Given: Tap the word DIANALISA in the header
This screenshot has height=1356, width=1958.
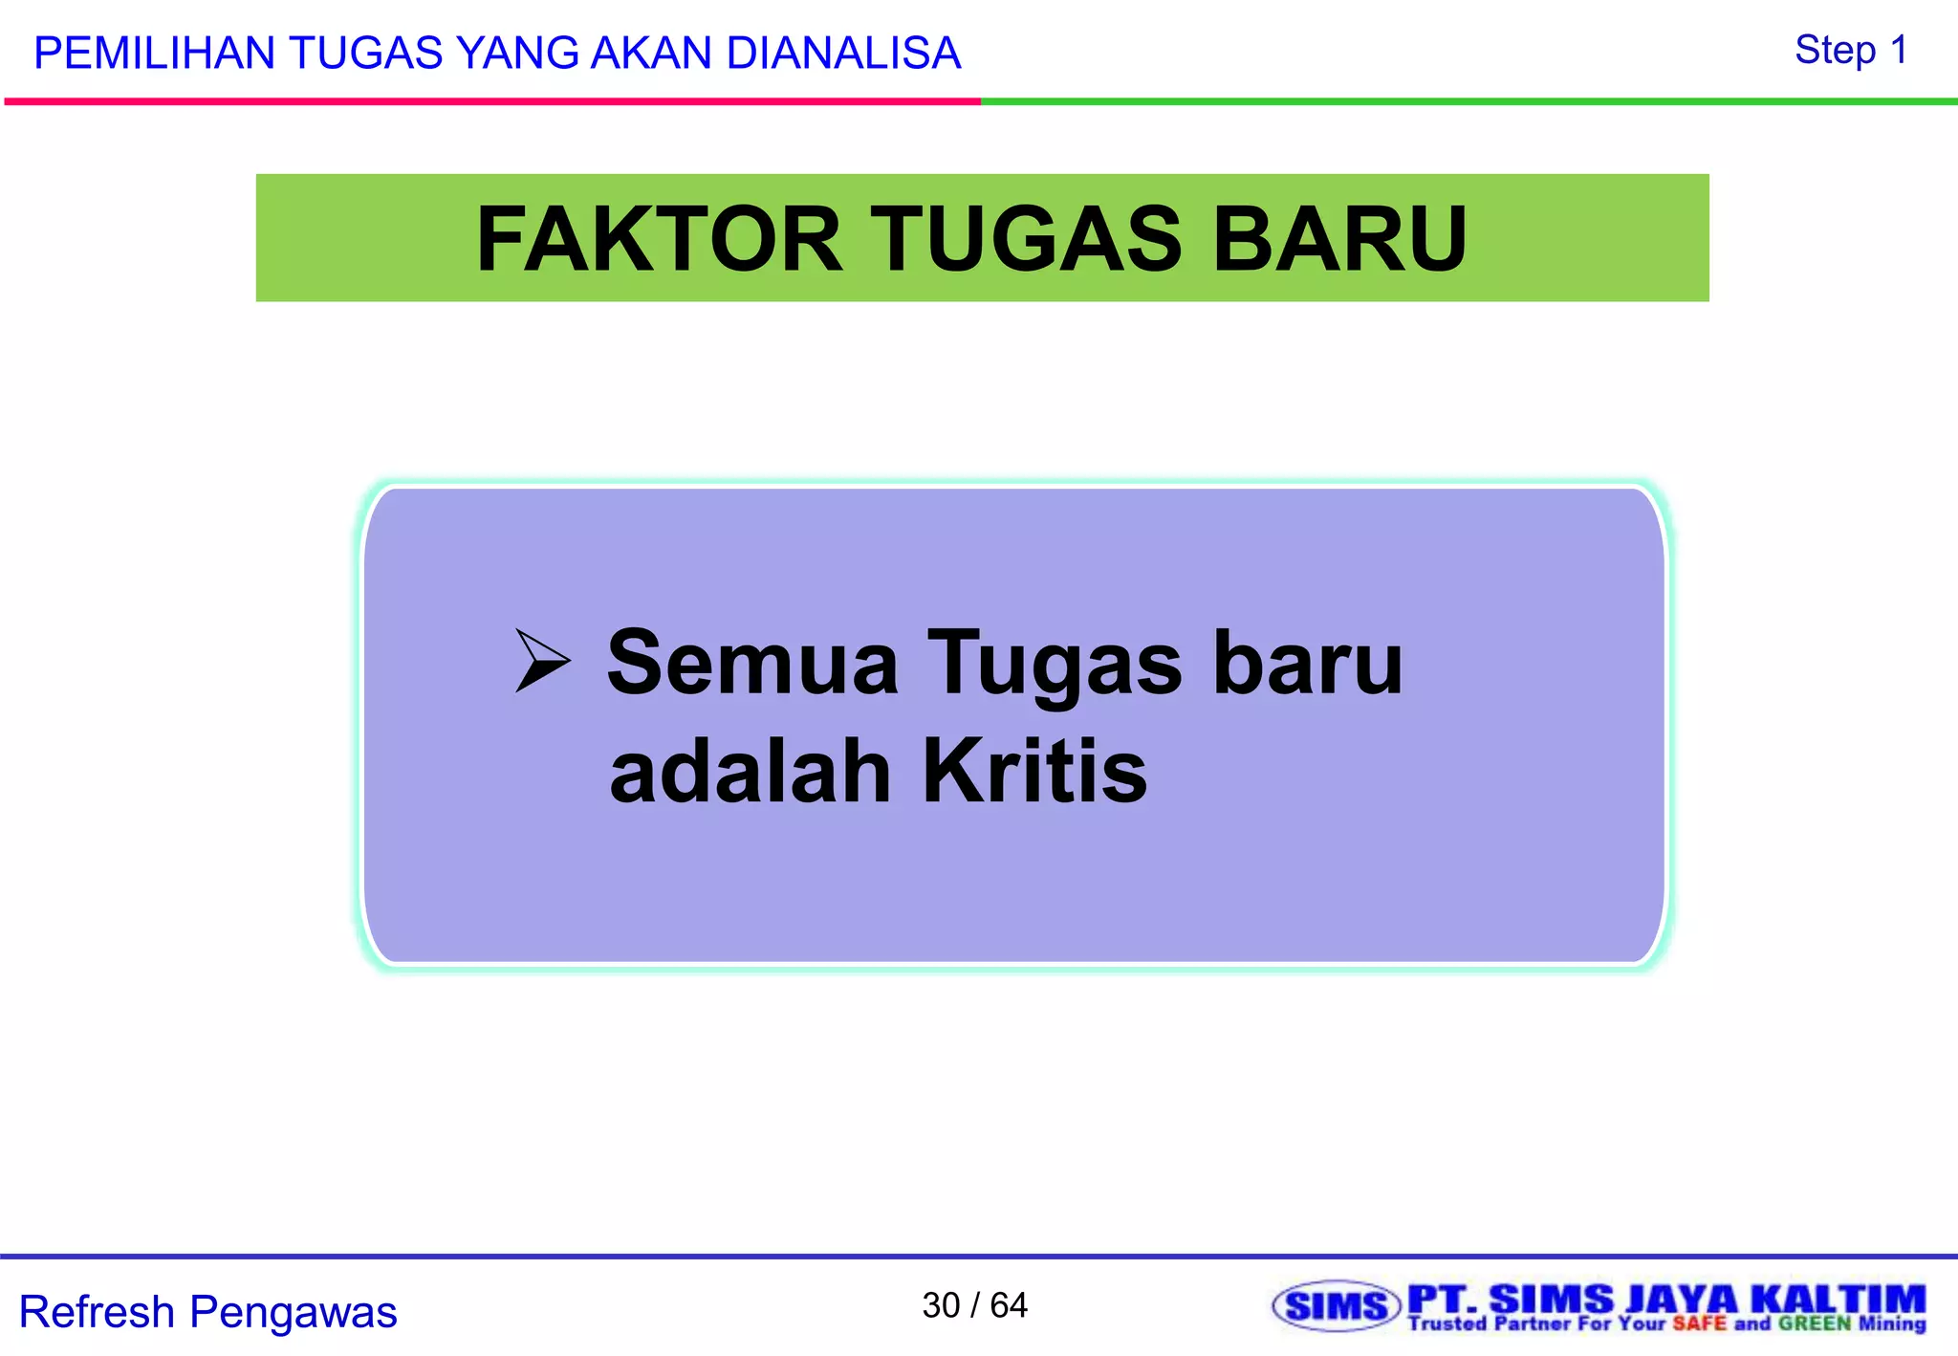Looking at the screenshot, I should pyautogui.click(x=843, y=54).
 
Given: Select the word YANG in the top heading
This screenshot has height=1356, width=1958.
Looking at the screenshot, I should pyautogui.click(x=516, y=54).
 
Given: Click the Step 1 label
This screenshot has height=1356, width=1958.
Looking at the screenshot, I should pyautogui.click(x=1851, y=50).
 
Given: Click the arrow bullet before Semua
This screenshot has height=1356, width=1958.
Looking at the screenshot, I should pyautogui.click(x=542, y=660).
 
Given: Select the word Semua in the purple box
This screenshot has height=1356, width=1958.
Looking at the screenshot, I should pyautogui.click(x=752, y=663).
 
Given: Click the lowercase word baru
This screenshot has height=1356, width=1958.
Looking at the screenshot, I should pyautogui.click(x=1307, y=663).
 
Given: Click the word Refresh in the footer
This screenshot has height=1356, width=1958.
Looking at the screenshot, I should pyautogui.click(x=97, y=1312).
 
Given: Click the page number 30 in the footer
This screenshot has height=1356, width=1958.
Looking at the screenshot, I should pyautogui.click(x=941, y=1305).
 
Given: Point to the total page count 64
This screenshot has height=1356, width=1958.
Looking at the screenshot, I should pyautogui.click(x=1009, y=1305).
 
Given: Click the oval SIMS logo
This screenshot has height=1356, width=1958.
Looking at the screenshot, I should pyautogui.click(x=1336, y=1306).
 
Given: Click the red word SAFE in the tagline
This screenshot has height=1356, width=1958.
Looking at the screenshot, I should pyautogui.click(x=1700, y=1324).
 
